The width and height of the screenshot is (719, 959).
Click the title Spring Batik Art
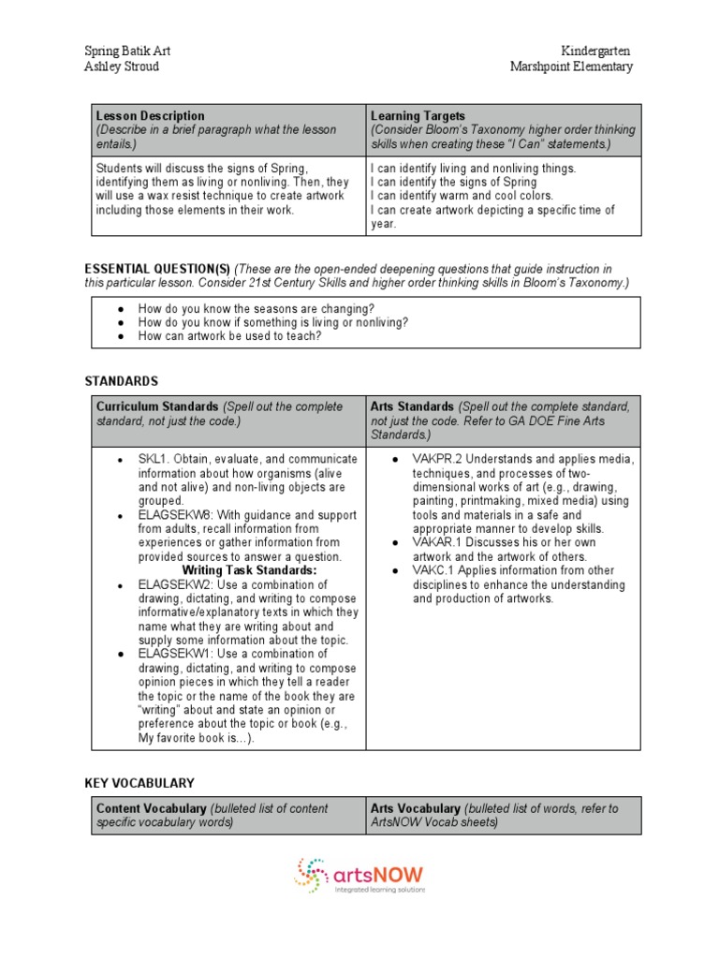click(127, 51)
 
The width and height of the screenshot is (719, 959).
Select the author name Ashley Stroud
click(122, 66)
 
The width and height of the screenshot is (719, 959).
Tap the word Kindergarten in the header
click(596, 51)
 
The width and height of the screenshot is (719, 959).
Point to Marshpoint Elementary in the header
click(571, 66)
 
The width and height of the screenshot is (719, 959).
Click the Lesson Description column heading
click(151, 116)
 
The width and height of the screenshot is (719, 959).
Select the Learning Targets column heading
click(418, 116)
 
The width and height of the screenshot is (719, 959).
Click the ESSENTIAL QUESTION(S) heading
click(157, 269)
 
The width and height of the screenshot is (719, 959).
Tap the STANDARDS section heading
click(122, 381)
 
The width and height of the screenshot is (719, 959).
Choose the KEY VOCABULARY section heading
click(139, 782)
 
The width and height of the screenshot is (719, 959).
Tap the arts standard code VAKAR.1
click(435, 542)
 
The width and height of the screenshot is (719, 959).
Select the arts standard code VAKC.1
click(433, 570)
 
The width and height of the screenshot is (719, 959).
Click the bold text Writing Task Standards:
click(249, 570)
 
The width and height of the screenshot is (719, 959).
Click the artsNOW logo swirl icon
click(312, 875)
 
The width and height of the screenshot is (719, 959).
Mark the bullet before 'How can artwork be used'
click(122, 336)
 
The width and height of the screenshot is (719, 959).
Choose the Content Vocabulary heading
click(151, 808)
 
